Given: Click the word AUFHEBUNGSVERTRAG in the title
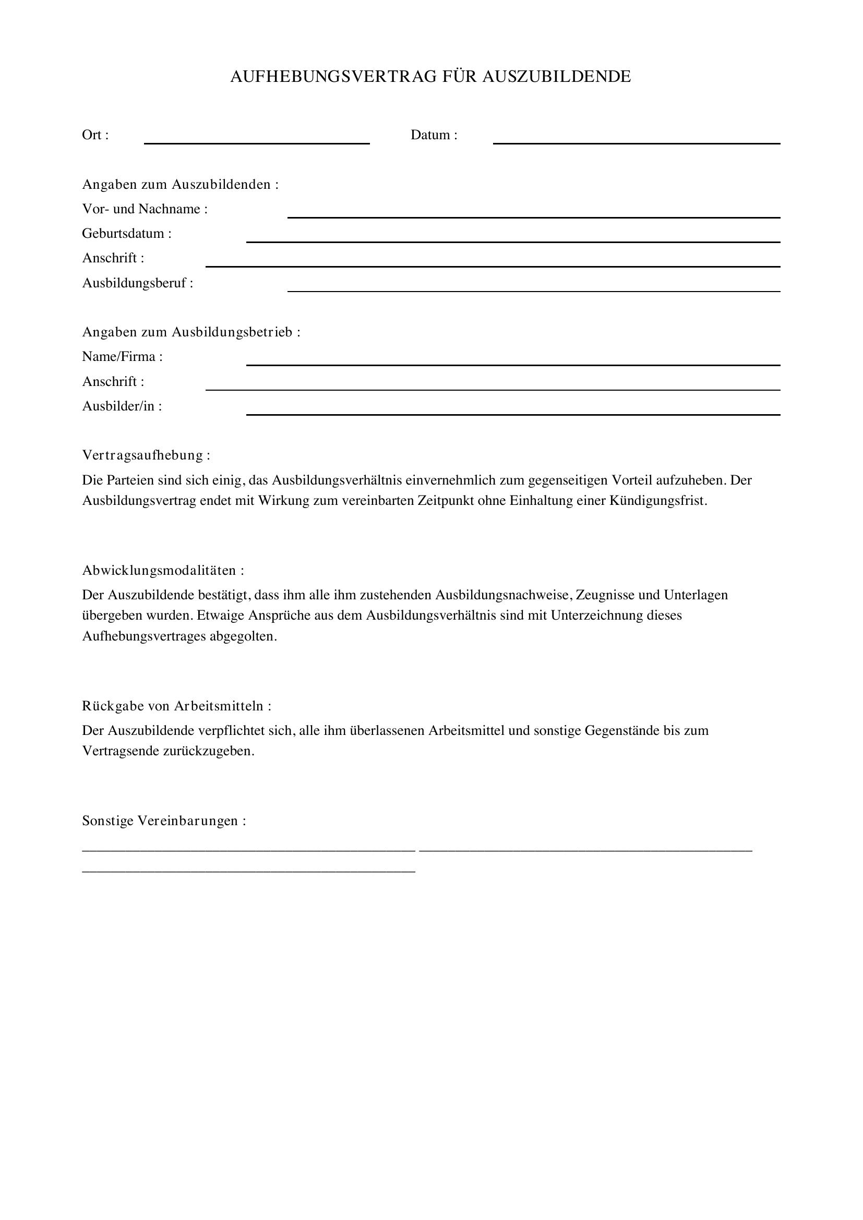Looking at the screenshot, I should (x=334, y=77).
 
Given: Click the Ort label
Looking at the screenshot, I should (x=95, y=135).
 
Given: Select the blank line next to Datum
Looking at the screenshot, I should (x=636, y=142).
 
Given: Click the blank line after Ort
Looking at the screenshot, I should (x=257, y=142).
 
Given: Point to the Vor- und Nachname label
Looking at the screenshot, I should (x=145, y=209).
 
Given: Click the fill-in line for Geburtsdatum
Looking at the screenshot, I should (x=513, y=241).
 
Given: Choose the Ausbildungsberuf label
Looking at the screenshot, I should (x=137, y=283).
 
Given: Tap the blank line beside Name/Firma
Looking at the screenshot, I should (x=513, y=365).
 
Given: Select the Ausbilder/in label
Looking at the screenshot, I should (x=122, y=406).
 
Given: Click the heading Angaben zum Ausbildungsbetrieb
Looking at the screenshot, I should (x=191, y=332).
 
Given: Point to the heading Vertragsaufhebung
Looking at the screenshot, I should (x=146, y=455).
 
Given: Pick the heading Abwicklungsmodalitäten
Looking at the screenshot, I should (x=163, y=571).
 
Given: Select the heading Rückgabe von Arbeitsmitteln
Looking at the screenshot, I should (x=176, y=706).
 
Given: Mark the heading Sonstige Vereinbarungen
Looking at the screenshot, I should (x=164, y=821).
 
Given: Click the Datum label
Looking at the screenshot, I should (x=434, y=135).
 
